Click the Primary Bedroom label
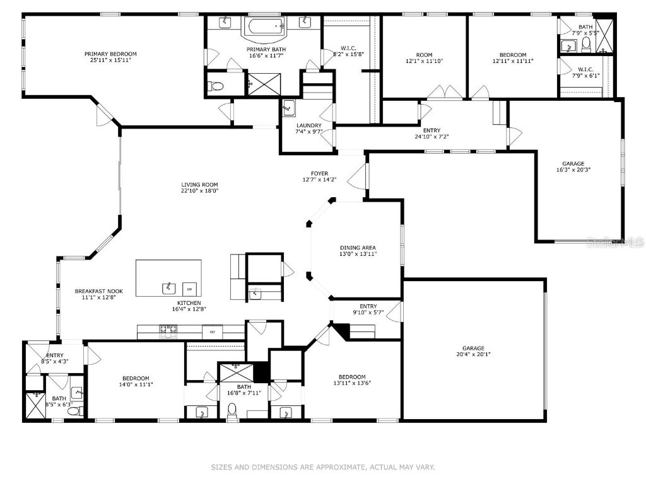[x=110, y=54]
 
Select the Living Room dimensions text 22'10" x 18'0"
[x=199, y=192]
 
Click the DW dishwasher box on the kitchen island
[x=188, y=289]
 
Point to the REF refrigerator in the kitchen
[x=213, y=330]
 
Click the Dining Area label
[x=358, y=248]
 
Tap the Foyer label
[x=319, y=173]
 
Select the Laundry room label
[x=309, y=125]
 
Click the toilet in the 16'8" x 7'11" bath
[x=232, y=412]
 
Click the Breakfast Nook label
[x=98, y=291]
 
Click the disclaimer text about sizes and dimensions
[x=322, y=467]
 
